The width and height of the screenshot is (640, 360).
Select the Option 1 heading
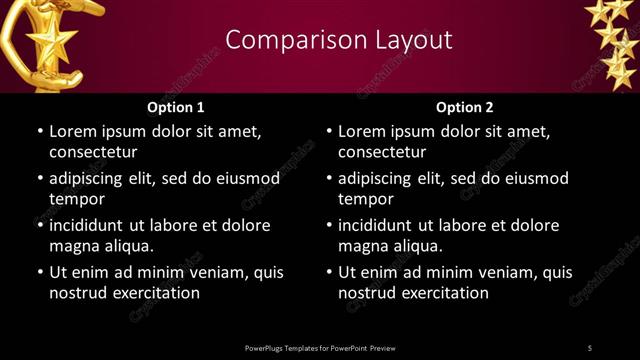(176, 107)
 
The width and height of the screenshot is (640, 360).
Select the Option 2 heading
(465, 107)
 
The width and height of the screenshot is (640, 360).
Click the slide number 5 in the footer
(590, 348)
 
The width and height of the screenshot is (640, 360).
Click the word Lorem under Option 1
(72, 131)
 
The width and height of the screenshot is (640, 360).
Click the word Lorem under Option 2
(361, 131)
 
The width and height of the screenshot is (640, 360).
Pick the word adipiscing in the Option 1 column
(90, 179)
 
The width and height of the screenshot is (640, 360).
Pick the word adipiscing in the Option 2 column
(379, 179)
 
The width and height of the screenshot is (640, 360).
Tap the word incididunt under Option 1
(92, 225)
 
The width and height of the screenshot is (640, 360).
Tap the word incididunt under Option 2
(381, 225)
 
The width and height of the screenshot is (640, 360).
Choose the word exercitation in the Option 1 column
(153, 293)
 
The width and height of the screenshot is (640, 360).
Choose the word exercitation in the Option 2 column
(442, 293)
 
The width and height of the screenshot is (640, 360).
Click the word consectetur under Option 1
(93, 152)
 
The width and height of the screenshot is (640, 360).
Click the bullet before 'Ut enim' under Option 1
(39, 272)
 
